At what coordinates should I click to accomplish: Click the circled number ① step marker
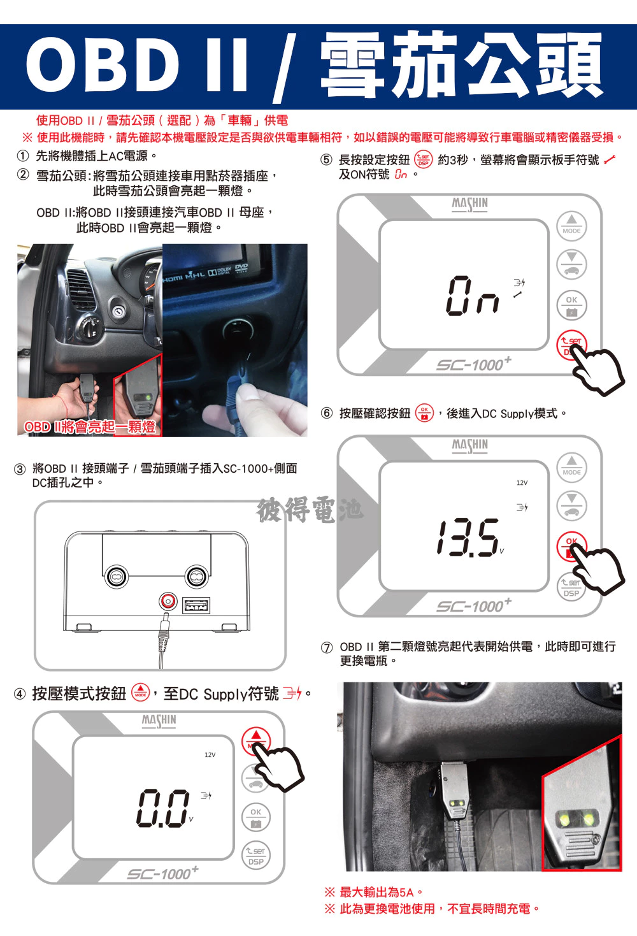[22, 156]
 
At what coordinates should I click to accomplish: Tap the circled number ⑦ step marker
[327, 647]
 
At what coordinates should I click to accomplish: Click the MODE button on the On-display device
[571, 226]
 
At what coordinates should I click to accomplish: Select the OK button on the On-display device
[571, 305]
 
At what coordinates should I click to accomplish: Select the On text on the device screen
[473, 296]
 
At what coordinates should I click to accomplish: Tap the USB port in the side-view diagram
[196, 605]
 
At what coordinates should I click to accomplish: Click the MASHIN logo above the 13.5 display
[469, 445]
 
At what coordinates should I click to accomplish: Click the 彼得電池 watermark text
[310, 510]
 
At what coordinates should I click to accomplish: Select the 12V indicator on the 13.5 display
[522, 482]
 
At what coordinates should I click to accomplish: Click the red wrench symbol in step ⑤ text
[610, 160]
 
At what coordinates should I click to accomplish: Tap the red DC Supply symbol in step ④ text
[292, 694]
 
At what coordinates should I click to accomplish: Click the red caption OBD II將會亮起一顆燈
[90, 427]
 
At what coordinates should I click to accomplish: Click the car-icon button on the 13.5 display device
[571, 506]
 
